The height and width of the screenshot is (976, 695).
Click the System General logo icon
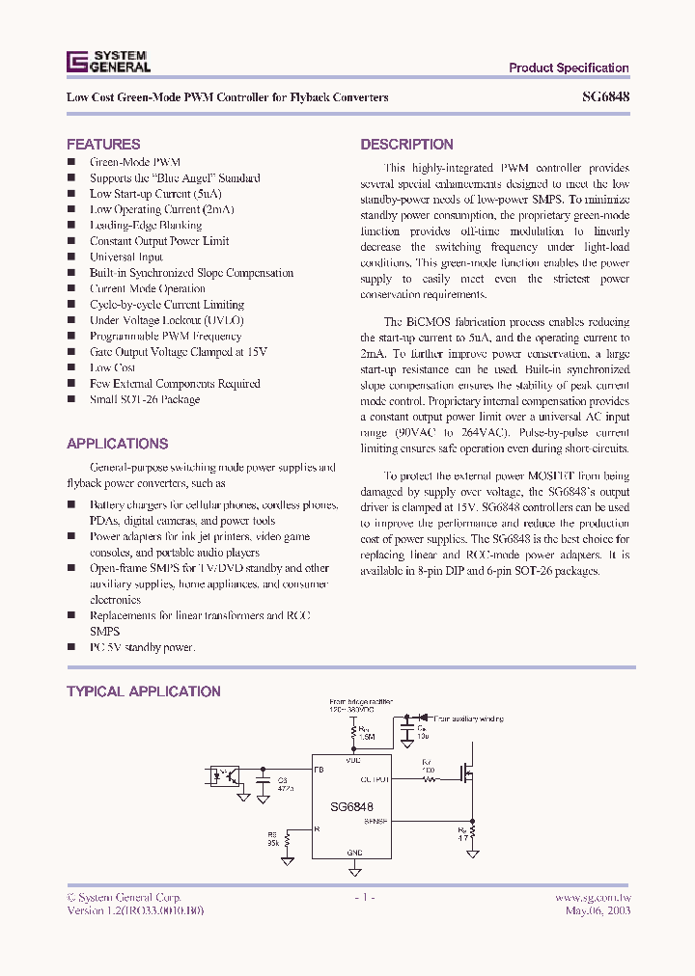76,62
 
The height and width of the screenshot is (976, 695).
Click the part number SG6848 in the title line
606,97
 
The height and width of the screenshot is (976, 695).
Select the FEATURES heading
103,144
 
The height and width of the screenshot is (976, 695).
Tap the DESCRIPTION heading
406,145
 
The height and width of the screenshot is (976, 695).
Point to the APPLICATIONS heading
117,444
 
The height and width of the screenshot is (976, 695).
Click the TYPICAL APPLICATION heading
143,691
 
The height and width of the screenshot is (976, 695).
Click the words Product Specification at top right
569,68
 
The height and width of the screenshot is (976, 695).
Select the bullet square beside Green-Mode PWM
70,162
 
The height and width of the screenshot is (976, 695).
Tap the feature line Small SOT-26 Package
145,399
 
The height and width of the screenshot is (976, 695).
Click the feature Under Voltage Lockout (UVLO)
166,320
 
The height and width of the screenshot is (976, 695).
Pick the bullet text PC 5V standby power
142,647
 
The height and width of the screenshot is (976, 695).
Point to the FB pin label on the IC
320,770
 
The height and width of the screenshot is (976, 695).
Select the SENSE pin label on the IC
375,822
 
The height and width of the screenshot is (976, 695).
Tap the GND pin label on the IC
353,853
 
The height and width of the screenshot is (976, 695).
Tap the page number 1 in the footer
363,897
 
